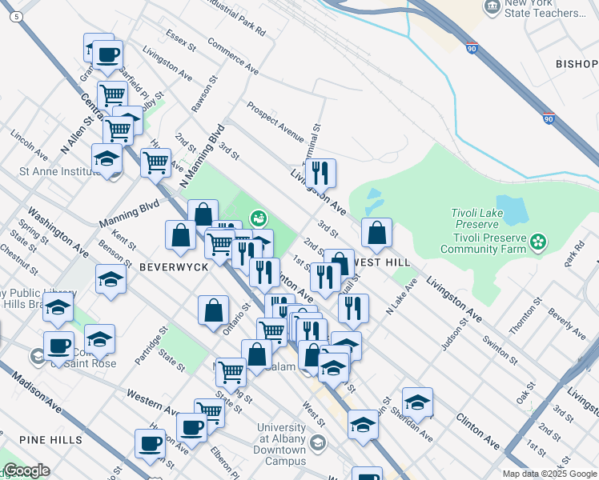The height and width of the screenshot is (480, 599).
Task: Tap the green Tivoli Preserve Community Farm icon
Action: click(x=538, y=240)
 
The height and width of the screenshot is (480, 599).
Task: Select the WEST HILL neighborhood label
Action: click(x=381, y=262)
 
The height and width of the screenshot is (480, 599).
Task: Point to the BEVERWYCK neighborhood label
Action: click(x=167, y=266)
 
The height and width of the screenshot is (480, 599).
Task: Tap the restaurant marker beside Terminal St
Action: click(x=320, y=173)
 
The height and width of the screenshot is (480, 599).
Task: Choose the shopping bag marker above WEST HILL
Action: click(x=376, y=234)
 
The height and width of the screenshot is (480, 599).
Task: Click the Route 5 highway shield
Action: click(x=18, y=15)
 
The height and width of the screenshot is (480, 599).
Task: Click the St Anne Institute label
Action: click(x=57, y=170)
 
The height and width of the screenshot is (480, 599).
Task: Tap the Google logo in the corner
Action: click(x=26, y=470)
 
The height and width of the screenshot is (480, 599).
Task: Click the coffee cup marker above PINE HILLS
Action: click(x=150, y=443)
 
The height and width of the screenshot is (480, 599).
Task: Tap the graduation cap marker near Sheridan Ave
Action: click(x=417, y=402)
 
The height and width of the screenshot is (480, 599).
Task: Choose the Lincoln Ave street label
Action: click(x=28, y=143)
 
